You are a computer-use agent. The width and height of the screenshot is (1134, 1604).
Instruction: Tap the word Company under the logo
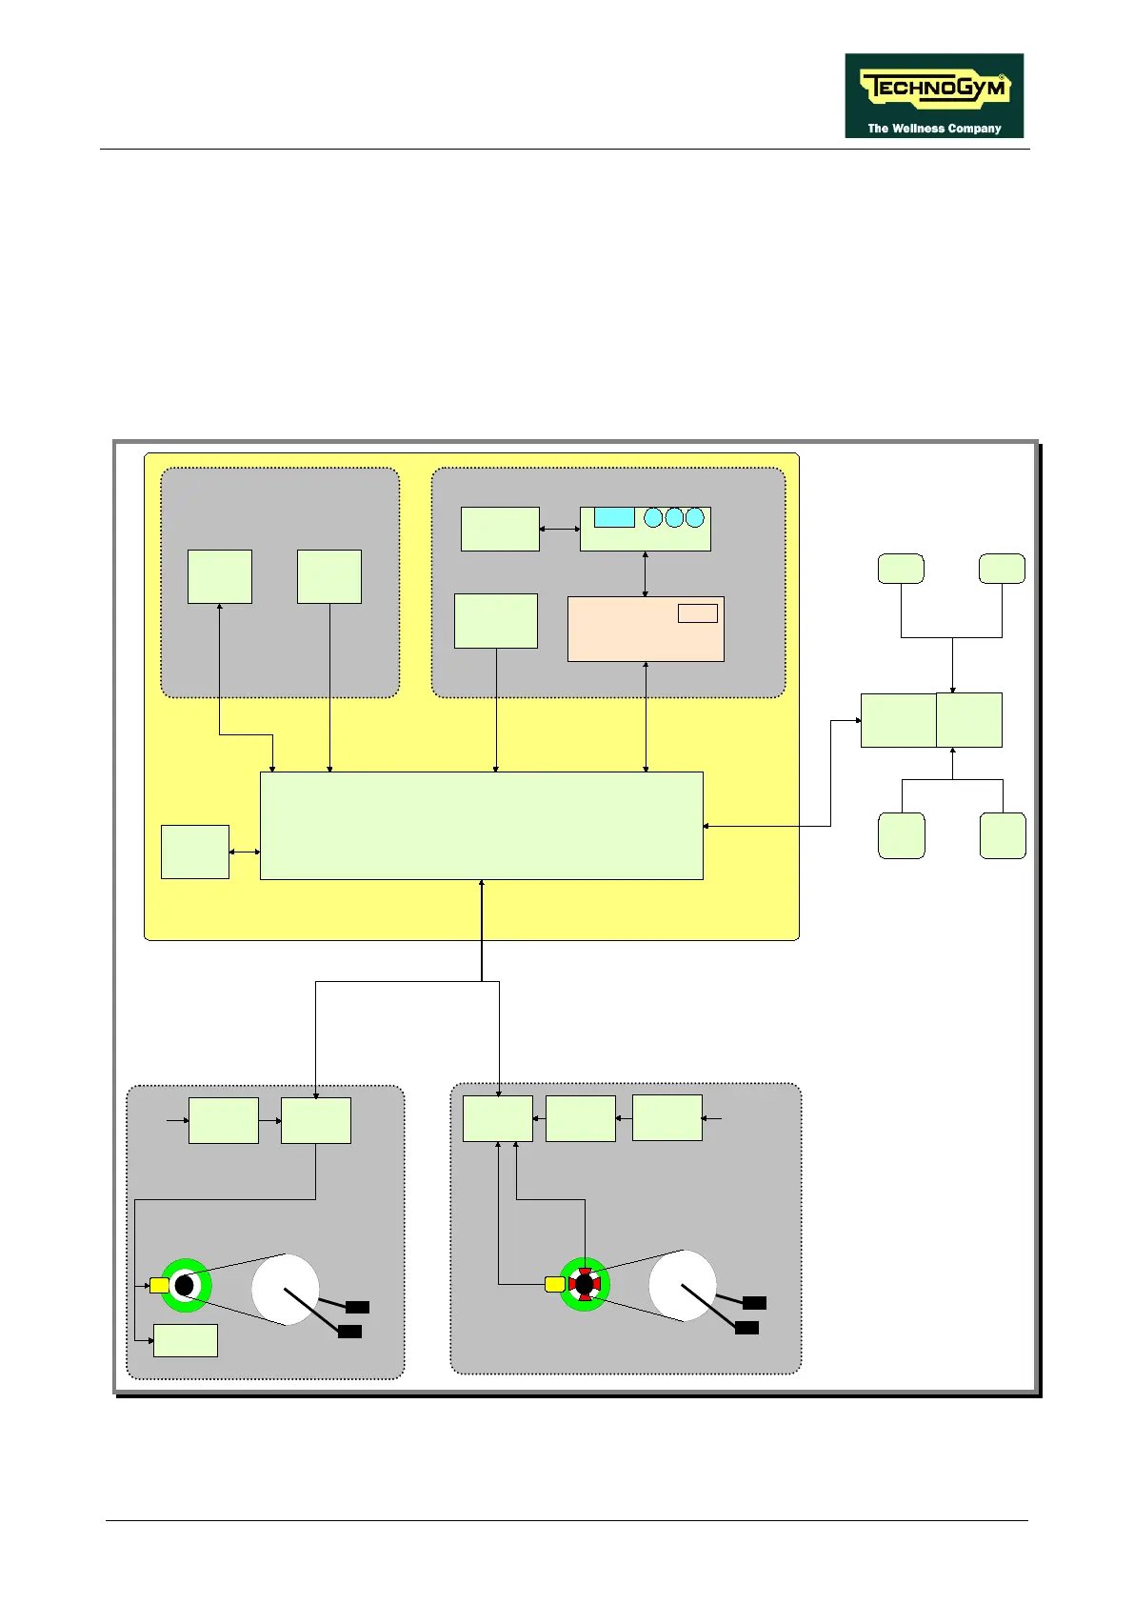click(975, 129)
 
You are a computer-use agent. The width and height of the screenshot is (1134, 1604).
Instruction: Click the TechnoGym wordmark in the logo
click(934, 90)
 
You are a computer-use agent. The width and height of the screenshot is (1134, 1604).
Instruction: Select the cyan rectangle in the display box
click(614, 517)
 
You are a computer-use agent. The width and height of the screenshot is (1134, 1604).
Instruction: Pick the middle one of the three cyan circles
click(674, 517)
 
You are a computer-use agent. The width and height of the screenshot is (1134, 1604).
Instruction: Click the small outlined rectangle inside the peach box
click(697, 612)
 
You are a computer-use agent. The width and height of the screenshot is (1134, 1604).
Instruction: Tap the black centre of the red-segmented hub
click(584, 1285)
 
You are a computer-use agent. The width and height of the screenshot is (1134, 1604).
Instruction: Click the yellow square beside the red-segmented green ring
click(554, 1285)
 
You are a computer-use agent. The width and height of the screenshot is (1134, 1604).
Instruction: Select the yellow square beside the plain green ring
click(159, 1286)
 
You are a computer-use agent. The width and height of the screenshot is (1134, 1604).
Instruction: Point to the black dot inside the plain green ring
click(185, 1286)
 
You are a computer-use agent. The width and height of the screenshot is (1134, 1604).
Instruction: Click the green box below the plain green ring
click(186, 1340)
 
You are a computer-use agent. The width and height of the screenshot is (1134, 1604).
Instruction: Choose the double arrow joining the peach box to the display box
click(646, 573)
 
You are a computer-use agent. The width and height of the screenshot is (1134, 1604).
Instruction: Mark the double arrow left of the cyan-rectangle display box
click(560, 529)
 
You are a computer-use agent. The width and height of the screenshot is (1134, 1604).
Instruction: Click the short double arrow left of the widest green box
click(245, 852)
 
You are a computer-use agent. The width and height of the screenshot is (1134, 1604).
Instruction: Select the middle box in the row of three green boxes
click(581, 1118)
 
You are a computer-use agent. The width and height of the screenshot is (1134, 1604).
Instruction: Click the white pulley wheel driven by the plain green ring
click(286, 1289)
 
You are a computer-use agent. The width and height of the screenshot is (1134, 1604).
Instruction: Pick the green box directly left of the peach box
click(496, 621)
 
